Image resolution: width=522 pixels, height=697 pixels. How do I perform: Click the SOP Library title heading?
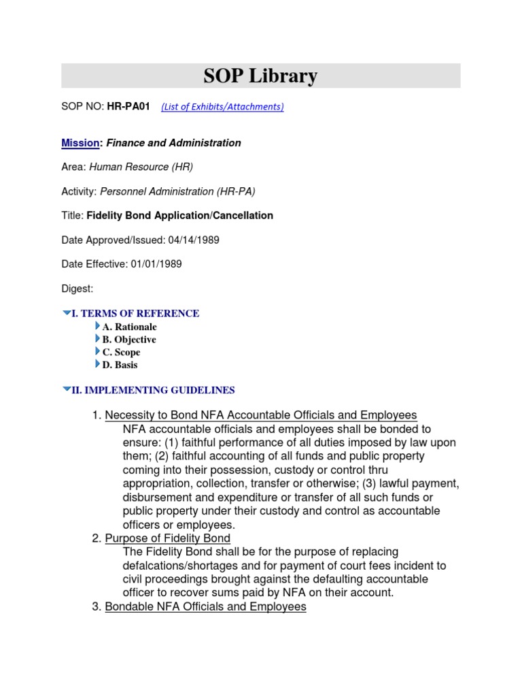(260, 76)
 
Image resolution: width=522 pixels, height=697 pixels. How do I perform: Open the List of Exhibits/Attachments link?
(222, 107)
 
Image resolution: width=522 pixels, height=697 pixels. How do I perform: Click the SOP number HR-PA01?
(128, 107)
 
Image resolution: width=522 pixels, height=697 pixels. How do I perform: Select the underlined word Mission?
(80, 143)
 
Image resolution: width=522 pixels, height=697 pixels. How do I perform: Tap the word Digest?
(77, 289)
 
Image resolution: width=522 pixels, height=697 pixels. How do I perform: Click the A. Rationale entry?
(129, 327)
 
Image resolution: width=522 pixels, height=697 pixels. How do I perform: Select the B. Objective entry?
(129, 340)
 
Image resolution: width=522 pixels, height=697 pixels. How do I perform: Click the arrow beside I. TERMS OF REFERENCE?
(66, 313)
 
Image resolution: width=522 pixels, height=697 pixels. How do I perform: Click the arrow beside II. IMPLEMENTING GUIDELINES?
(66, 390)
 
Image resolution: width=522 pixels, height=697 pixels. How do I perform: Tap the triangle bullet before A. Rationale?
(98, 327)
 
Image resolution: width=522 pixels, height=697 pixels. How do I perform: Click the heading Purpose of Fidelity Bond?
(167, 538)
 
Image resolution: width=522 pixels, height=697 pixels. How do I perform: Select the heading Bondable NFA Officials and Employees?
(205, 606)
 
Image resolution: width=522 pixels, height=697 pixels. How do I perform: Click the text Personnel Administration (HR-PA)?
(177, 191)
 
